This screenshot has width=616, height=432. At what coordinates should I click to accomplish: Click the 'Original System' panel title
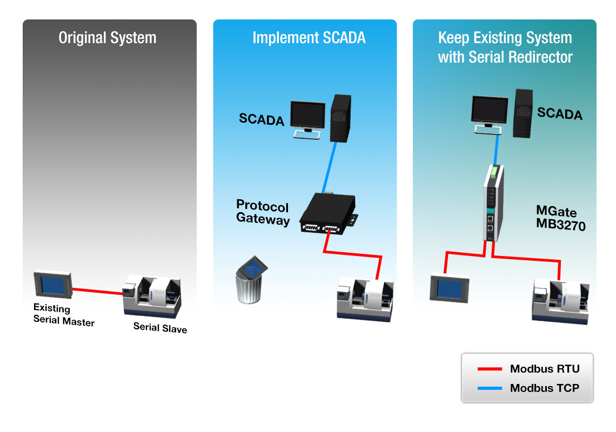pos(108,38)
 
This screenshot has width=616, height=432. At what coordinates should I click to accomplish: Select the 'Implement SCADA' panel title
pos(309,38)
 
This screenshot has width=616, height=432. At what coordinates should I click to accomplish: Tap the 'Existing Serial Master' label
pos(63,315)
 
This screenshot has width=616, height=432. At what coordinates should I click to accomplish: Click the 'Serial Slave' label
pos(160,328)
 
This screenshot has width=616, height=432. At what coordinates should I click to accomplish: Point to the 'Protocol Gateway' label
pos(263,213)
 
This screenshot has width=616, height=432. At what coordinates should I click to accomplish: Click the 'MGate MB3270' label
pos(560,218)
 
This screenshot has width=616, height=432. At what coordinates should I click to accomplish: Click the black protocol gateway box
pos(326,214)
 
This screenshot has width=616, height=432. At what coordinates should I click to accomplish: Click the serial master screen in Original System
pos(52,285)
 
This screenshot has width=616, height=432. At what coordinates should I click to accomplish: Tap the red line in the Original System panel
pos(98,292)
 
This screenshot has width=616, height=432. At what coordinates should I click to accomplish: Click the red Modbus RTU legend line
pos(490,369)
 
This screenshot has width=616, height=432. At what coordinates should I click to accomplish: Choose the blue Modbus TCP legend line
pos(490,388)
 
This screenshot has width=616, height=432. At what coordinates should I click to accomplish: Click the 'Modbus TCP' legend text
pos(544,388)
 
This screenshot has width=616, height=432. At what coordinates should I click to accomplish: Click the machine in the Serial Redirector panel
pos(561,301)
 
